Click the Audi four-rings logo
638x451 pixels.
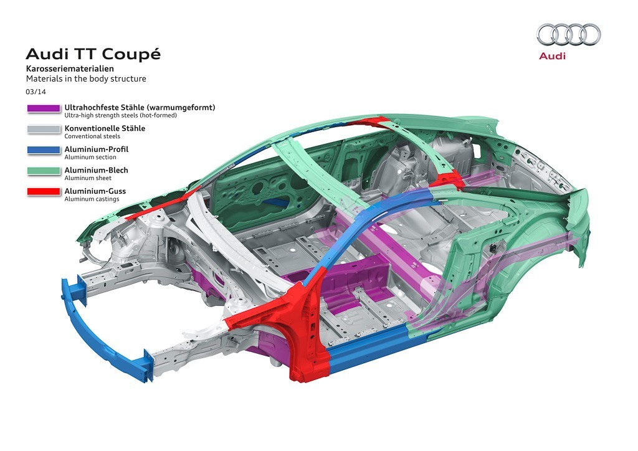point(568,34)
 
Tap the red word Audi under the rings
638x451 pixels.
point(552,56)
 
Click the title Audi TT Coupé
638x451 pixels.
point(93,54)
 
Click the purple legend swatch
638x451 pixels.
point(44,108)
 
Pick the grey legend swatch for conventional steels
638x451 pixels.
point(44,130)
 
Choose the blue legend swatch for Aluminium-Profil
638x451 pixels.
point(44,150)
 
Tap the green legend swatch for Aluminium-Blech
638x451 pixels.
point(44,171)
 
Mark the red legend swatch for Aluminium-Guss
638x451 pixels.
point(44,191)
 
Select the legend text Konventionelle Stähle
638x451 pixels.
point(105,128)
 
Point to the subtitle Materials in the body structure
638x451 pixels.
point(85,79)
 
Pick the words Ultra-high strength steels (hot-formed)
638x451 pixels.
point(121,116)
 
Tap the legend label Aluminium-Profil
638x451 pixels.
point(96,149)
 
